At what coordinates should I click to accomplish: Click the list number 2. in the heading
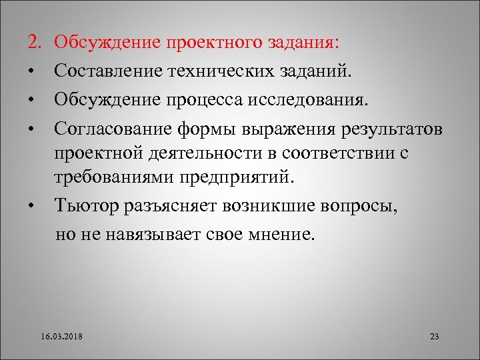coord(35,43)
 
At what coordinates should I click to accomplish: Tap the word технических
coord(217,71)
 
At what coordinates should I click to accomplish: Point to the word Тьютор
coord(87,206)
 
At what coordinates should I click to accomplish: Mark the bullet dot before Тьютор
coord(31,207)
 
